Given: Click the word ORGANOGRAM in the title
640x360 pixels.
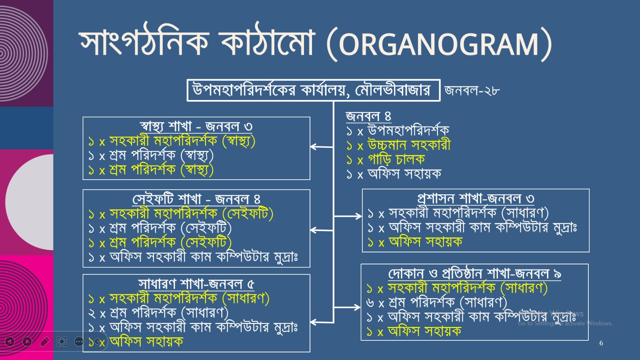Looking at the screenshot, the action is pos(439,44).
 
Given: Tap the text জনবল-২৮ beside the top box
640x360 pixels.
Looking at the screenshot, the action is pos(472,90).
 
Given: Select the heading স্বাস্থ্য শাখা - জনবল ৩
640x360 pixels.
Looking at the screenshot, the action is pos(196,126).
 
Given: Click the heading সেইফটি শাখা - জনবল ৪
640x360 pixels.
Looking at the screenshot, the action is pos(196,199).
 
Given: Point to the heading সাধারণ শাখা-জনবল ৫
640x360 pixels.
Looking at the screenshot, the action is pos(196,284).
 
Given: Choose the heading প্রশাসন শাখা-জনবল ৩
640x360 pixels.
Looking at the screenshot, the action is pos(476,198).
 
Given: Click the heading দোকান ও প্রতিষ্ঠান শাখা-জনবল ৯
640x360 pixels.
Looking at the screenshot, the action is pos(474,274).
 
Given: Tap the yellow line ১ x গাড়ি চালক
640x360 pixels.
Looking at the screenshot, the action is pos(386,160).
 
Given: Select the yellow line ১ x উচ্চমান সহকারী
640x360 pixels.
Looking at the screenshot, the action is pos(398,145).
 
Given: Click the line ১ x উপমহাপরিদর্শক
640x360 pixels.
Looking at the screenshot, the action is pos(398,130).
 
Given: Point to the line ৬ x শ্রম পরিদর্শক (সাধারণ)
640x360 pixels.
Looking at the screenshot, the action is pos(437,302).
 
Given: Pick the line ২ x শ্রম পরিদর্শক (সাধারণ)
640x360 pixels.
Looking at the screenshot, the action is pos(158,313).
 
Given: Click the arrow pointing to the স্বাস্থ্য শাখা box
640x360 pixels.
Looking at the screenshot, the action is pos(322,147).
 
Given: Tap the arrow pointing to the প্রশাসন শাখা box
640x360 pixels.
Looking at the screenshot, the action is pos(348,216).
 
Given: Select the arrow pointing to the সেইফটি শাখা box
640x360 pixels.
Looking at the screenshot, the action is pos(322,230).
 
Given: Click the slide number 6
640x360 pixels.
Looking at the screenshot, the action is pos(601,343).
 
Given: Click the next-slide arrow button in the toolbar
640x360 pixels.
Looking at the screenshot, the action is pos(28,341).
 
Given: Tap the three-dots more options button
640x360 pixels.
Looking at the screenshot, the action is pos(79,341).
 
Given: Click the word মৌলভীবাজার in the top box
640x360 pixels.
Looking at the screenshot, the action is pos(392,90).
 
